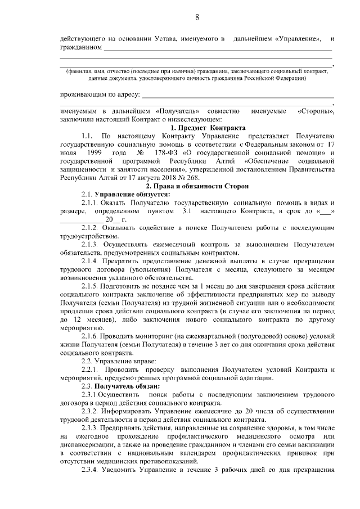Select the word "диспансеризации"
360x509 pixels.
click(91, 445)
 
